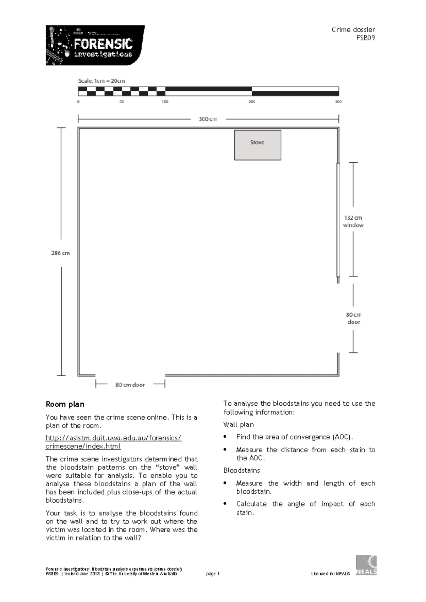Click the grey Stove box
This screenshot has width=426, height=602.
[257, 145]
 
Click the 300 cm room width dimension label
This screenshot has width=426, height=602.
[208, 119]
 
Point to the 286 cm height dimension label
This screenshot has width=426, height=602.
[61, 253]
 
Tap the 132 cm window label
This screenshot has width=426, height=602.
[353, 221]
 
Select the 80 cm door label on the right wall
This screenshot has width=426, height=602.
[354, 318]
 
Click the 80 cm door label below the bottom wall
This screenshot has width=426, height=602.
[130, 385]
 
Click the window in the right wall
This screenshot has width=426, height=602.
[338, 220]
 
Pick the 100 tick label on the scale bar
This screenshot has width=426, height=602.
[165, 102]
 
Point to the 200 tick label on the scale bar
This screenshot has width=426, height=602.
[252, 102]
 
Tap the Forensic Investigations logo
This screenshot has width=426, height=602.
[95, 45]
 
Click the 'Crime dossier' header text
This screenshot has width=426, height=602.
[353, 30]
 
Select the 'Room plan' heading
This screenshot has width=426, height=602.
[65, 404]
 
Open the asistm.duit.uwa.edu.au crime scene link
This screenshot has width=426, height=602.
[114, 442]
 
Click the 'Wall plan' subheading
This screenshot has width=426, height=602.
[239, 425]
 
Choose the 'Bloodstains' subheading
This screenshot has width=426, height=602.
[241, 470]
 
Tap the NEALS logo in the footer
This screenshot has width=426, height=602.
[366, 565]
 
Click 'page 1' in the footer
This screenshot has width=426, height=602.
[213, 574]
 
